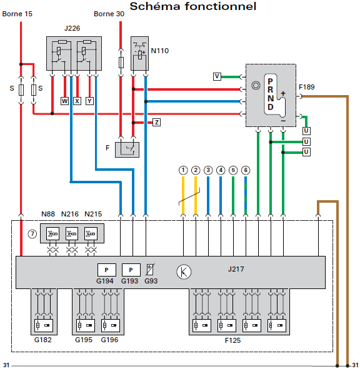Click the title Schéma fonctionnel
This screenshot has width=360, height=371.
click(193, 6)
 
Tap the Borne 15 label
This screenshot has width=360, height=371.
click(17, 14)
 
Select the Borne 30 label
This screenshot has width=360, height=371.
click(109, 14)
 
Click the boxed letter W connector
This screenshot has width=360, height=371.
click(64, 101)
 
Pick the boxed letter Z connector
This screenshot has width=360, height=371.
click(156, 123)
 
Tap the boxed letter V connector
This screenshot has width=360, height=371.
click(217, 76)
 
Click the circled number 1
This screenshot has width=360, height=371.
click(183, 170)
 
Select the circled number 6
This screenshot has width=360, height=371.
click(246, 170)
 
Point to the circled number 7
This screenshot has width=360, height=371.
click(32, 234)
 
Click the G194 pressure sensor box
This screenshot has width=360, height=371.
click(107, 270)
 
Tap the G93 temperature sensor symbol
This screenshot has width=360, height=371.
click(151, 270)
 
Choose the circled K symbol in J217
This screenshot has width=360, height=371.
click(184, 272)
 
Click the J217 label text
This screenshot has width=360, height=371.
click(236, 269)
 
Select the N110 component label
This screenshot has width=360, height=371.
click(160, 51)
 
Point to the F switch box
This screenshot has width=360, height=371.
click(127, 150)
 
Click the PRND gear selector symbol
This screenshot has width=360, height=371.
click(274, 95)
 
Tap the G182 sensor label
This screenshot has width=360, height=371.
click(42, 340)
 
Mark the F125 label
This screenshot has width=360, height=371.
click(233, 340)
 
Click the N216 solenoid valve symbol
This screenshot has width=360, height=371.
click(72, 234)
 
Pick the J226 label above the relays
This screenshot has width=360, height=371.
click(72, 28)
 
